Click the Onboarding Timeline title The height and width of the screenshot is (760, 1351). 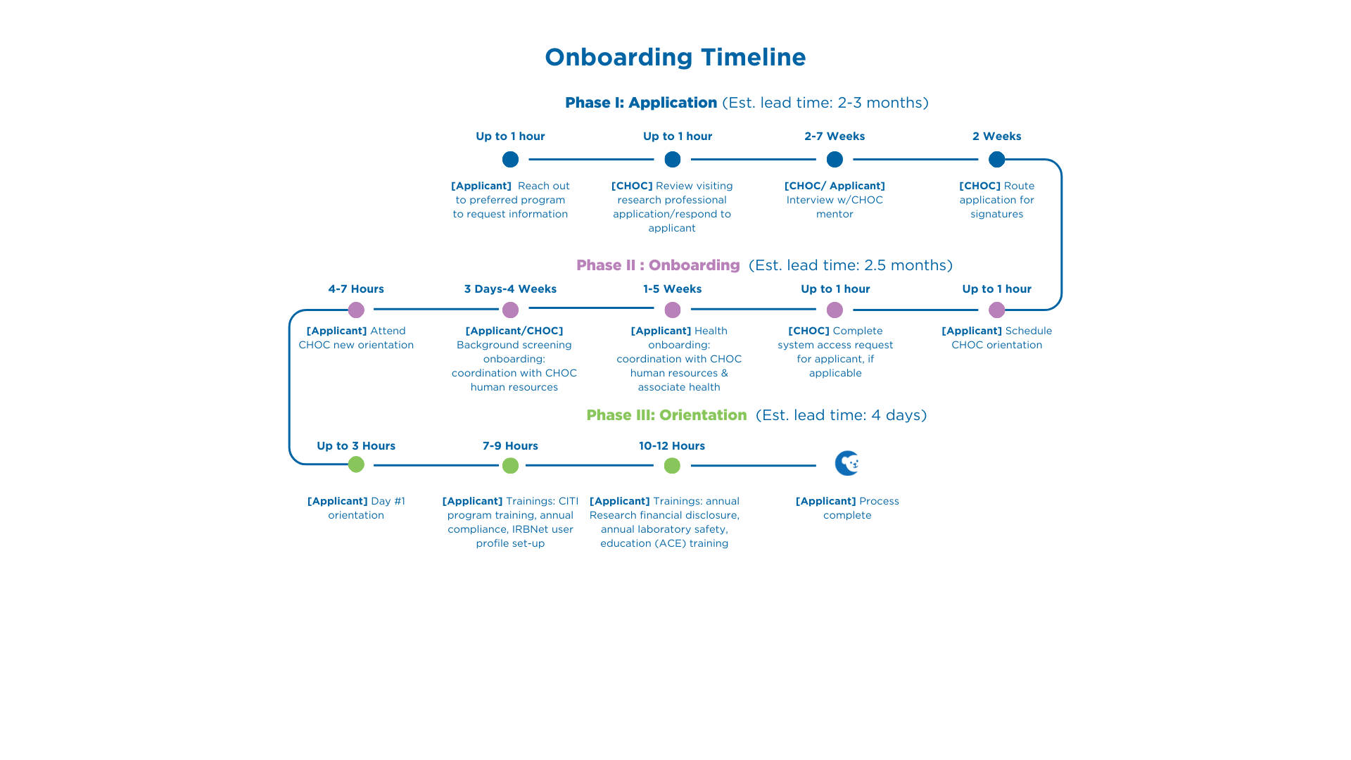(x=675, y=58)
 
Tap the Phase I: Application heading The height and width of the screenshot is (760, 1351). (x=641, y=103)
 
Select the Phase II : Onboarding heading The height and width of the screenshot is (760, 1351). (x=658, y=265)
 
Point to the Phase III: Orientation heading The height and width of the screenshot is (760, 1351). (x=666, y=415)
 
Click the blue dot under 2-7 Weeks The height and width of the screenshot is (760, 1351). (x=835, y=160)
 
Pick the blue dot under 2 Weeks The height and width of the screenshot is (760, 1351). (x=996, y=160)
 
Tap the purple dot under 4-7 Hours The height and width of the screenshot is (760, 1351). (x=356, y=310)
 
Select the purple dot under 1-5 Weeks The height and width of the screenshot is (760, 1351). (x=673, y=310)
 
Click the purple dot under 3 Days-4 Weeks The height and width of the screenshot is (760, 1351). (x=510, y=310)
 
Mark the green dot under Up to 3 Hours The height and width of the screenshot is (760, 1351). (x=356, y=464)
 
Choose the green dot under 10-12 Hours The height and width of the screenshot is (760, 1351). (x=672, y=465)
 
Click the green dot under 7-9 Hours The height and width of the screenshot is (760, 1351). (x=510, y=465)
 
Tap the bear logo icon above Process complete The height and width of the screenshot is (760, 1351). (x=847, y=463)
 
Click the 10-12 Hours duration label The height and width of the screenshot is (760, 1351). (x=672, y=446)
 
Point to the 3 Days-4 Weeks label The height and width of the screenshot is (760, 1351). (x=510, y=289)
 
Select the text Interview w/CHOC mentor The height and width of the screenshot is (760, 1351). (x=835, y=207)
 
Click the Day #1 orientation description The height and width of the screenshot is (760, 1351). (x=356, y=508)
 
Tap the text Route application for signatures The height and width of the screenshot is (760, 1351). (x=997, y=200)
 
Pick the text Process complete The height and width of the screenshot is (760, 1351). (x=847, y=508)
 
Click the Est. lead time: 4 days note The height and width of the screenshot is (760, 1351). (x=841, y=415)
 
